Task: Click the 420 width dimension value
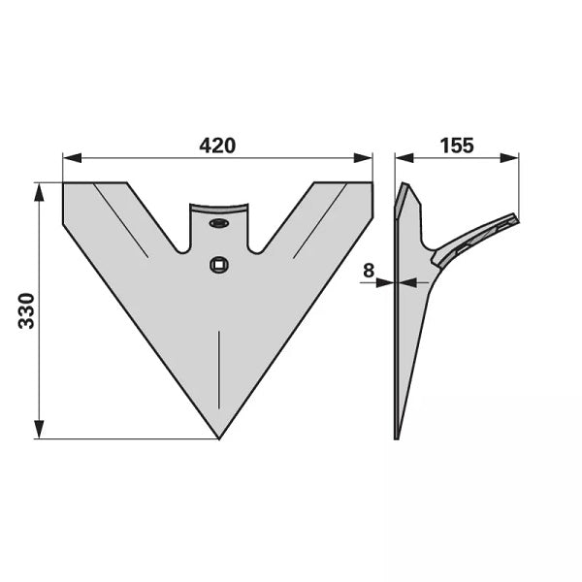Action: [x=217, y=145]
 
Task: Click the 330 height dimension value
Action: [x=26, y=310]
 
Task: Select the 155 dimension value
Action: [x=457, y=145]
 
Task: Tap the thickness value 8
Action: [x=369, y=271]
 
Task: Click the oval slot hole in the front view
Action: [x=219, y=223]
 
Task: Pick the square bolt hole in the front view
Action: [x=219, y=265]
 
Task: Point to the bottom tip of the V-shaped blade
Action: [x=219, y=439]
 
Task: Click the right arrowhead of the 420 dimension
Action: [x=363, y=157]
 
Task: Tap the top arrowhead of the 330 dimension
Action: [x=39, y=192]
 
